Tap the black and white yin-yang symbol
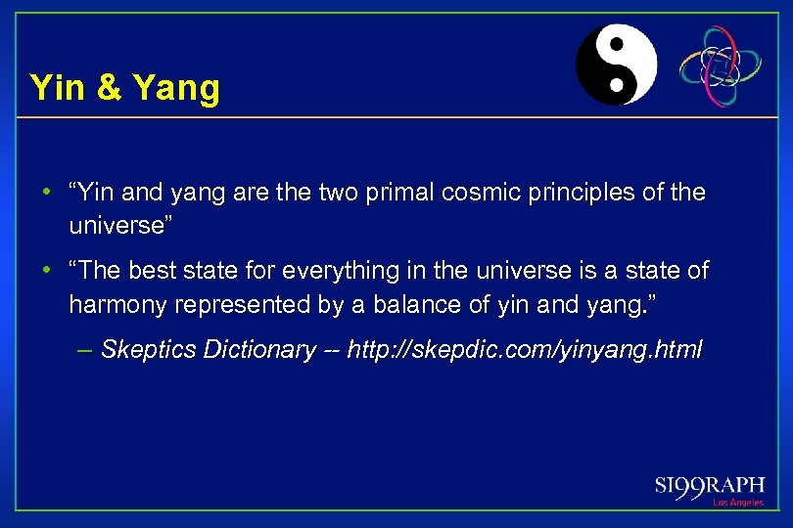click(x=616, y=64)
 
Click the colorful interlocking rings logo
click(x=722, y=65)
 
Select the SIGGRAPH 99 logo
click(x=710, y=486)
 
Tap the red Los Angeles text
click(x=738, y=503)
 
